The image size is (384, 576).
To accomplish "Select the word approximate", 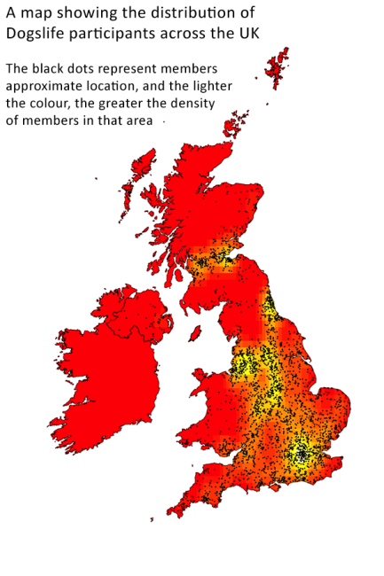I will point(43,87).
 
